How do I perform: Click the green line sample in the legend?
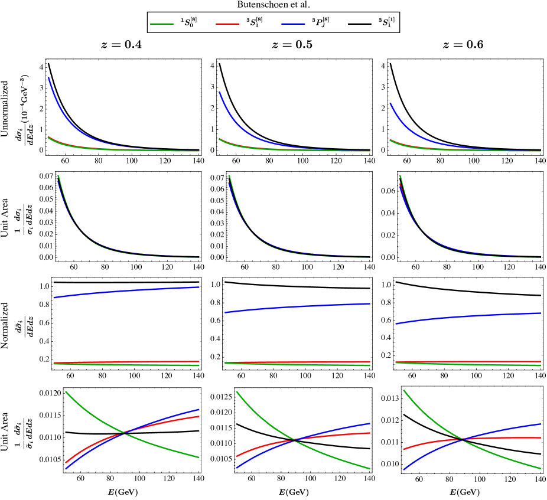point(162,24)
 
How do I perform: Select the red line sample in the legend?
point(227,24)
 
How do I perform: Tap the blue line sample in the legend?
point(293,24)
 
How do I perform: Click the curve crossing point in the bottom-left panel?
point(123,434)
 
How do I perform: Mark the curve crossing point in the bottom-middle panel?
point(294,440)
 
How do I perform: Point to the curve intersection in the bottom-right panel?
point(463,439)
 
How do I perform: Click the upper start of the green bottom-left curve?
point(66,391)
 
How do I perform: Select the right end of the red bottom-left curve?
point(199,416)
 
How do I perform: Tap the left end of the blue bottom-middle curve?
point(237,468)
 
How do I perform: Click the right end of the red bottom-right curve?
point(541,438)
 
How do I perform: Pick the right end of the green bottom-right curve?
point(541,469)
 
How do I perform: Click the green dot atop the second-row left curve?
point(58,176)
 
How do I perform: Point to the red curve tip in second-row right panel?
point(400,185)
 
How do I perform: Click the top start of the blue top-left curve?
point(48,77)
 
